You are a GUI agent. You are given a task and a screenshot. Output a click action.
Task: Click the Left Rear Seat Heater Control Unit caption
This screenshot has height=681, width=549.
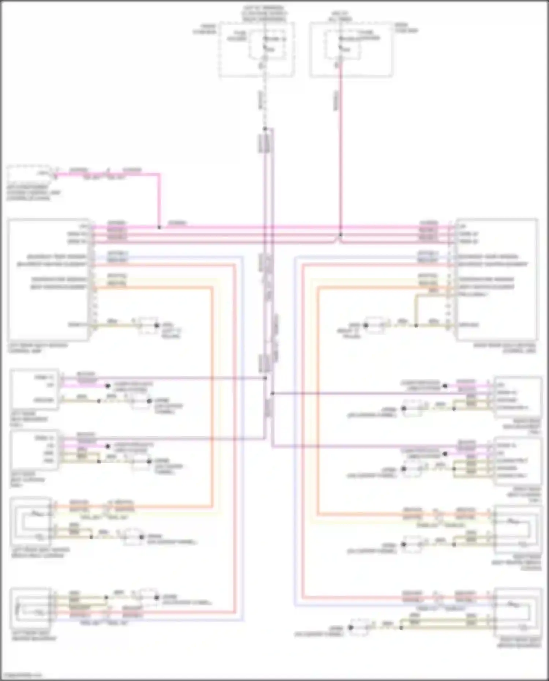[37, 348]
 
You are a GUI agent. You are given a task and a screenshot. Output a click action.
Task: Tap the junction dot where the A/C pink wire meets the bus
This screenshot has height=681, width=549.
[159, 227]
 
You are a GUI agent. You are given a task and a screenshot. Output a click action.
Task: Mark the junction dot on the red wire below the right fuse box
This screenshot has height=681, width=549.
[340, 235]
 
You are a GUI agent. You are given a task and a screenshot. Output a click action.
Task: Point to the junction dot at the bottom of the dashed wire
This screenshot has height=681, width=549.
[265, 129]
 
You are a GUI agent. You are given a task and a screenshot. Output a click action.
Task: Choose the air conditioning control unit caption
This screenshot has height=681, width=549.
[33, 192]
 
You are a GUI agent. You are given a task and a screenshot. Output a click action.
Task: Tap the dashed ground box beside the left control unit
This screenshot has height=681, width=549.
[148, 325]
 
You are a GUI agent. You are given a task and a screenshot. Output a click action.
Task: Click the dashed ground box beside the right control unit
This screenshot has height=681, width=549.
[375, 325]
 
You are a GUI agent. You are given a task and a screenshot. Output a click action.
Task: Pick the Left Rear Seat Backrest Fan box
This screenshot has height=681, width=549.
[34, 389]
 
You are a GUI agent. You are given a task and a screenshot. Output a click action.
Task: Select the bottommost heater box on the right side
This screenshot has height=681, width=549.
[518, 613]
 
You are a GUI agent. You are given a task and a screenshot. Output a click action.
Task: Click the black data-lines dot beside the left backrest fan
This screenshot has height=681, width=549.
[108, 386]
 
